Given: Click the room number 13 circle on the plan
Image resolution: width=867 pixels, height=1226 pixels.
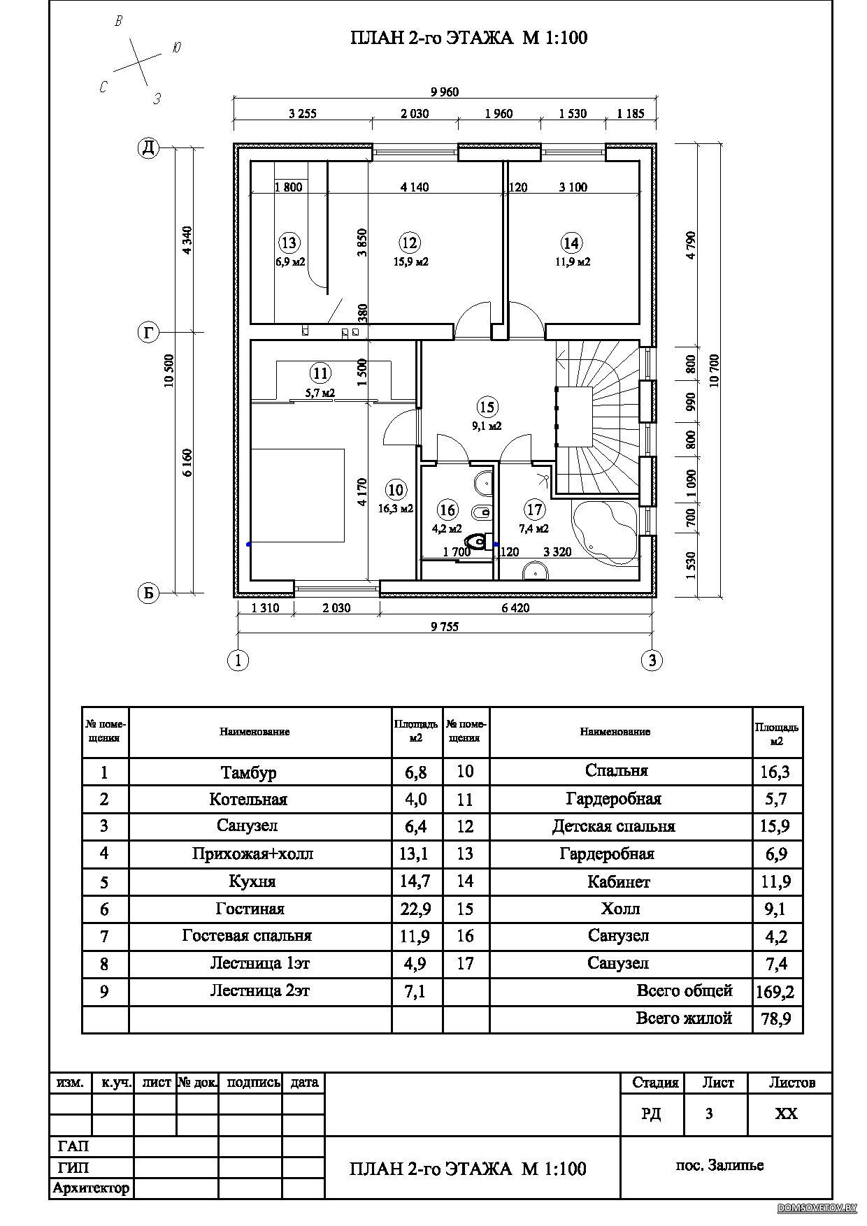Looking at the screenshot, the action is pyautogui.click(x=289, y=243).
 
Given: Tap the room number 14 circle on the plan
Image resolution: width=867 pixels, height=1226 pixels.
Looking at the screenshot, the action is pyautogui.click(x=571, y=243).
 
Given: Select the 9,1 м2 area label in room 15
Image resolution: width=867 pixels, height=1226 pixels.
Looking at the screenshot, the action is pyautogui.click(x=487, y=425).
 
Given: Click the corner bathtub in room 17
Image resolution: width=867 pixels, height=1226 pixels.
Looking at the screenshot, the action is pyautogui.click(x=603, y=529).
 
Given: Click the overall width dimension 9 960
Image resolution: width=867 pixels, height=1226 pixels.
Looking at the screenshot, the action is pyautogui.click(x=445, y=92).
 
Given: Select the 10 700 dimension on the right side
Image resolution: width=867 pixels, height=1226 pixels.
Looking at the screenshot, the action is pyautogui.click(x=714, y=370).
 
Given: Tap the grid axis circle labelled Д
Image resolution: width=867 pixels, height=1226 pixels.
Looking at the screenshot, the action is pyautogui.click(x=148, y=148).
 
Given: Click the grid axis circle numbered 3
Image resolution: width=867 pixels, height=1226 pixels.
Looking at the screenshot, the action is pyautogui.click(x=652, y=660).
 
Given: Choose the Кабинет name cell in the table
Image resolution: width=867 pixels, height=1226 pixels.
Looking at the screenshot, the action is pyautogui.click(x=619, y=882).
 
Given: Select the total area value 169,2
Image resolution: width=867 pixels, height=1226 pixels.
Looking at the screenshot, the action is pyautogui.click(x=776, y=991).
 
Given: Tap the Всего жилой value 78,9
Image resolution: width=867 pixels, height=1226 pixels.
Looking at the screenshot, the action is pyautogui.click(x=776, y=1019).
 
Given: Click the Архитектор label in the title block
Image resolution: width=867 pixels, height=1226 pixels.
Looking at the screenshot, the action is pyautogui.click(x=91, y=1188).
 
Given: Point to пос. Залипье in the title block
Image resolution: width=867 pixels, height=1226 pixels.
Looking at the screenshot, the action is pyautogui.click(x=719, y=1165).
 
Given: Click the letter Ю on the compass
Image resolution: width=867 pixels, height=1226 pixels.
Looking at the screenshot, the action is pyautogui.click(x=176, y=48).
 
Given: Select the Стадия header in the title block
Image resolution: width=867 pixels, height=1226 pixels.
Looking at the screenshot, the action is pyautogui.click(x=656, y=1083).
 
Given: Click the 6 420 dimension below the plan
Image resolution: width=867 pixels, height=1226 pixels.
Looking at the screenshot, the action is pyautogui.click(x=515, y=608).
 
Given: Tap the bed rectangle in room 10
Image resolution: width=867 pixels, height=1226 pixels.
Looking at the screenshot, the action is pyautogui.click(x=297, y=496).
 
